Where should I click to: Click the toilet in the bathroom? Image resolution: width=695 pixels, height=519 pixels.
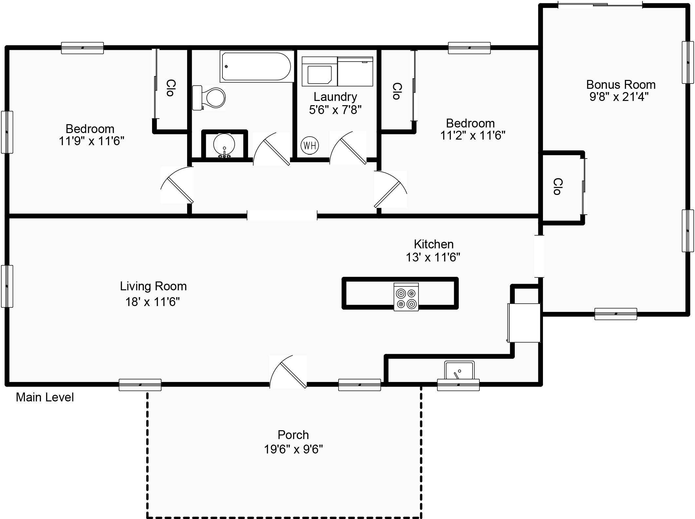pos(209,98)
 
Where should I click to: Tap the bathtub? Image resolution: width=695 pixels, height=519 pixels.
pos(257,67)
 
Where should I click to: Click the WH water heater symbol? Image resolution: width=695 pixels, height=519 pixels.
pos(310,145)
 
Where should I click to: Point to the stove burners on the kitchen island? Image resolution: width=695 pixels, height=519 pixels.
pos(406,297)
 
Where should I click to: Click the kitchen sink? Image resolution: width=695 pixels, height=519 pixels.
pos(459,371)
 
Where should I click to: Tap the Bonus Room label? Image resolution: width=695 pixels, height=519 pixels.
pos(621,85)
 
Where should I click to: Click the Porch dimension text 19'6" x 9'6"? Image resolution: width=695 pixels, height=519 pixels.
pos(293,449)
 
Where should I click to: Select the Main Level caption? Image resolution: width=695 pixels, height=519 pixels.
pos(45,397)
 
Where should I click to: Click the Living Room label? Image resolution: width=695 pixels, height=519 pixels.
pos(153,286)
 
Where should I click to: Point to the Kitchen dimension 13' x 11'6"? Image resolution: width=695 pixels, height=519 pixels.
pos(433,257)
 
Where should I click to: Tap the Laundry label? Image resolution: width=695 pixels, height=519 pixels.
pos(335,97)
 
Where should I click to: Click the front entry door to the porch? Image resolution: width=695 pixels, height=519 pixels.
pos(288,372)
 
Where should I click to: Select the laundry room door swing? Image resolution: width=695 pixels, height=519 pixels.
pos(348,148)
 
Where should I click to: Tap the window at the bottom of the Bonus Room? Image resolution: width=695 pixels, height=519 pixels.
pos(616,314)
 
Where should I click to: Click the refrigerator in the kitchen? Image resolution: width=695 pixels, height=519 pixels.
pos(524,323)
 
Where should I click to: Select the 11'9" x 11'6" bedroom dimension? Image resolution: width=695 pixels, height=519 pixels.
pos(91,141)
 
